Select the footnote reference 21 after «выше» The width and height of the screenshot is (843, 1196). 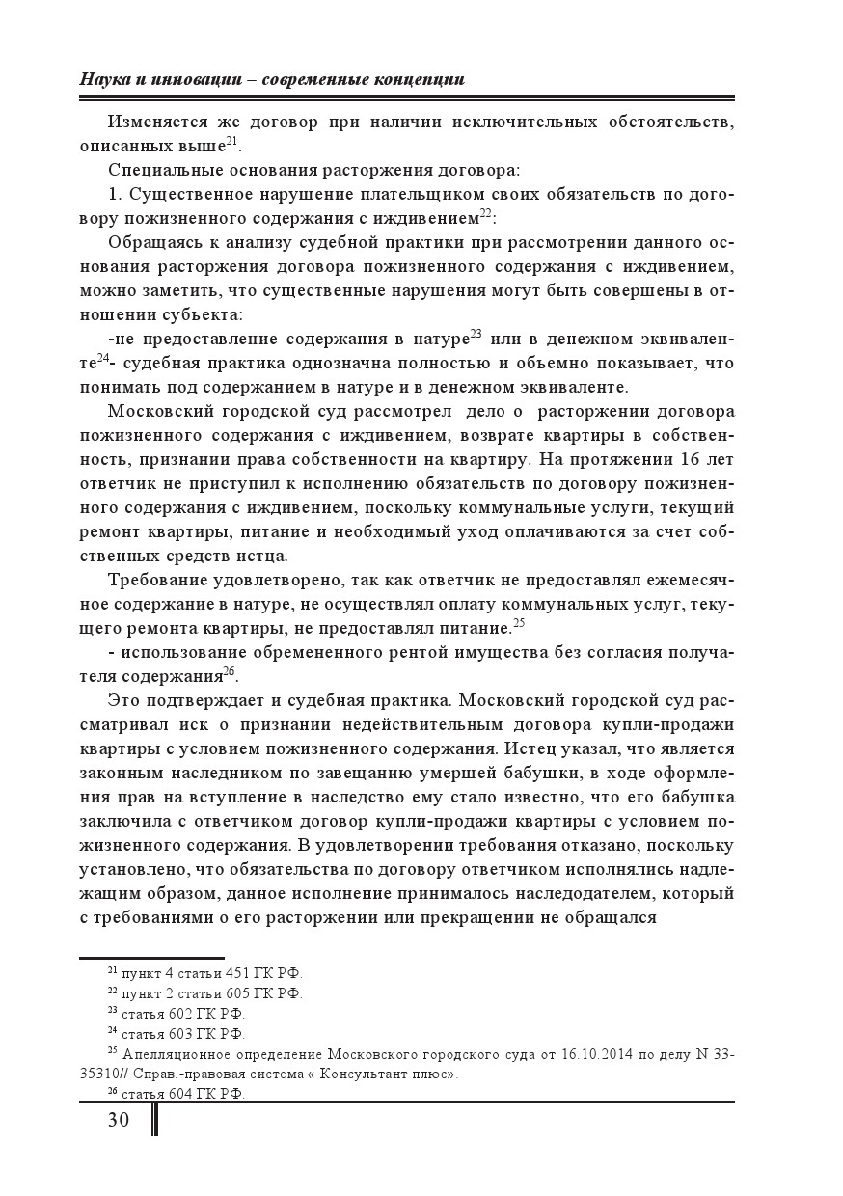231,140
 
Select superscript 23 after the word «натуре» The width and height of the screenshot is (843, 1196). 476,334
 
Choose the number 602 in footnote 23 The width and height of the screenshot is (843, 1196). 182,1013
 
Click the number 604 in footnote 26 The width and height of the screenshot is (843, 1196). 182,1093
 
